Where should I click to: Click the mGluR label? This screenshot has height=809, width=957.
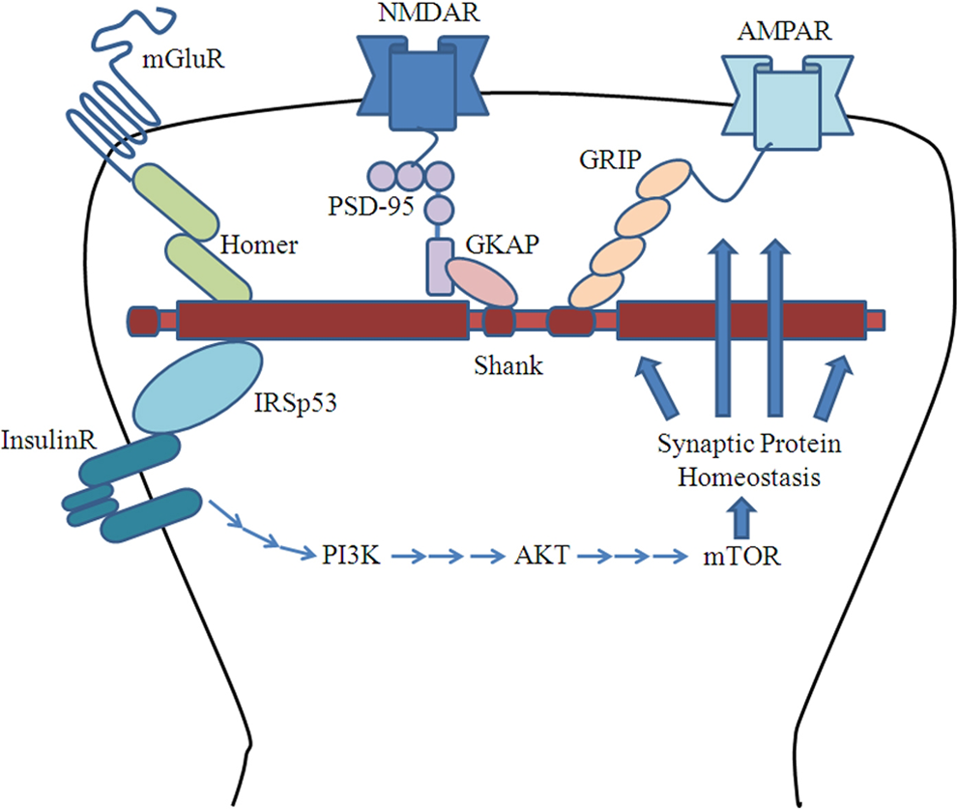point(184,59)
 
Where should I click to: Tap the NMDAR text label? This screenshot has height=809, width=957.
point(428,13)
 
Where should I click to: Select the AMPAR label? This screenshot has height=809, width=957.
point(784,31)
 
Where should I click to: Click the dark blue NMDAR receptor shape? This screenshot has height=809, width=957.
point(422,82)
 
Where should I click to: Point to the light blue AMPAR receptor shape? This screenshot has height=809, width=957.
point(787,102)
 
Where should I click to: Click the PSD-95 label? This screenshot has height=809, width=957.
point(371,206)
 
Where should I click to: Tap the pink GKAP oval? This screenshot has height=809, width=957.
point(482,281)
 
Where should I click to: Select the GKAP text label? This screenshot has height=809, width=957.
point(503,244)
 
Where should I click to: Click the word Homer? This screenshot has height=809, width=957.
point(259,246)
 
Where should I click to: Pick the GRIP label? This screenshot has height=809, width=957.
point(610,159)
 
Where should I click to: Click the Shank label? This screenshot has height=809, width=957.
point(508,365)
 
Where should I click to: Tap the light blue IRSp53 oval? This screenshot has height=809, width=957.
point(198,387)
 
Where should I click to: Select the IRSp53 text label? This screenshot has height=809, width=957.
point(296,403)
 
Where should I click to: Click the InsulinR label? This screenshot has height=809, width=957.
point(49,441)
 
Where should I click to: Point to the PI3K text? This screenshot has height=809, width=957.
point(351,556)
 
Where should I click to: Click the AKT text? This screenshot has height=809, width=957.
point(542,556)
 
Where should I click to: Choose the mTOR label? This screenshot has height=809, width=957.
point(741,557)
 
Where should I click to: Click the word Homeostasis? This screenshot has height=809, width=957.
point(749,477)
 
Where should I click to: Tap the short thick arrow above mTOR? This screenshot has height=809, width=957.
point(741,517)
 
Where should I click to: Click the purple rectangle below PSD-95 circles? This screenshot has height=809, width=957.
point(440,267)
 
